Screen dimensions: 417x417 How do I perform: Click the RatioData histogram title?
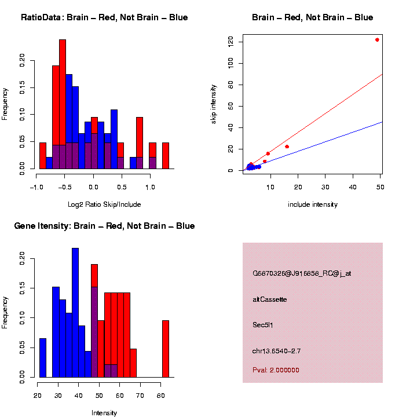(x=104, y=17)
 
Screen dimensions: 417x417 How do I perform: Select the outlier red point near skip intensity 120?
(x=377, y=39)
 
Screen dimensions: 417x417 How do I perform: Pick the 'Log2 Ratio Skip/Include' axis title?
(x=104, y=204)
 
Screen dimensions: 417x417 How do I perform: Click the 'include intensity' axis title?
(x=313, y=204)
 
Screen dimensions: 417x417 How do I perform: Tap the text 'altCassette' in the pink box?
(x=270, y=299)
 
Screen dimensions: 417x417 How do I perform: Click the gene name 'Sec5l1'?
(x=263, y=324)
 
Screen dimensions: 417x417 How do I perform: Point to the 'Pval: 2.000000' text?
(x=276, y=370)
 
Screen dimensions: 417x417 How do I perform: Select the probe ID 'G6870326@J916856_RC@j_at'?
(x=302, y=273)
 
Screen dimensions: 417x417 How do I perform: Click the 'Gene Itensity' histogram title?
(x=104, y=226)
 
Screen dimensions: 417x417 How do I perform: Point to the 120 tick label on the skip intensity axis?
(x=231, y=41)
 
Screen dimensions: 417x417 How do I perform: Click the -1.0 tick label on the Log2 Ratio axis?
(x=37, y=187)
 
